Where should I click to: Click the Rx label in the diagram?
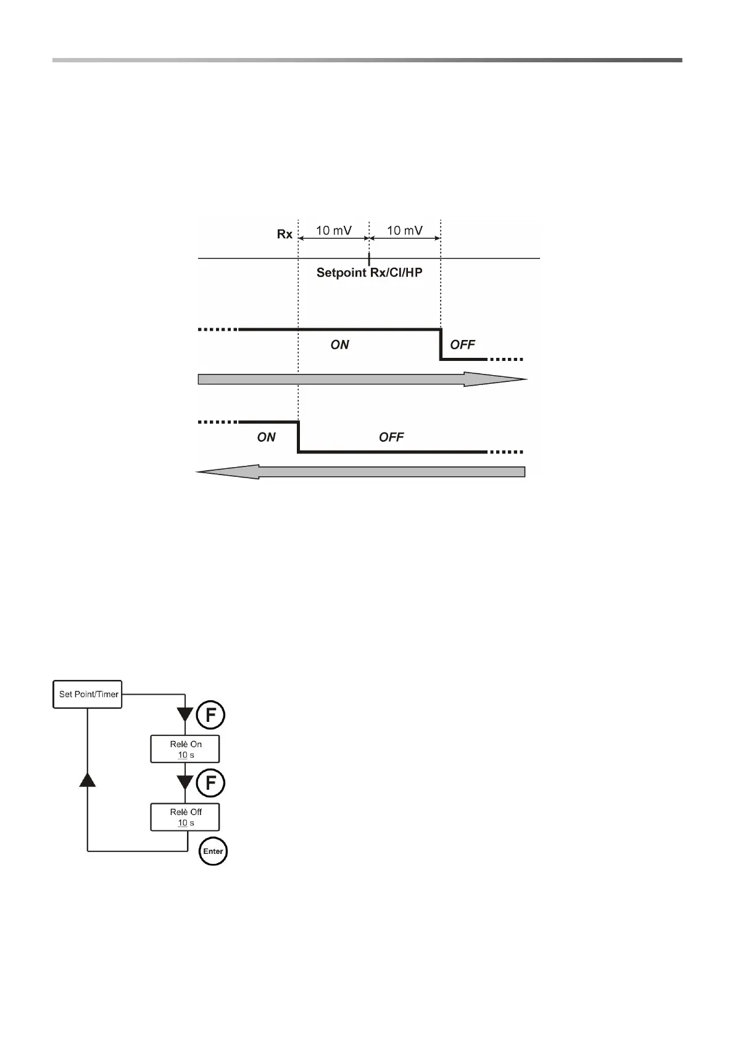click(x=284, y=234)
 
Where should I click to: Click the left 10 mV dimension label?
click(x=334, y=230)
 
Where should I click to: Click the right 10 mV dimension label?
click(x=405, y=230)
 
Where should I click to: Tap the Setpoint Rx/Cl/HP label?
click(x=369, y=272)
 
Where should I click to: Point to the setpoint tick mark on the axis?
click(x=369, y=258)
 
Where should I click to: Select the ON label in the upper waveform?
click(x=340, y=345)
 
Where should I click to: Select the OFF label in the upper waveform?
click(x=463, y=345)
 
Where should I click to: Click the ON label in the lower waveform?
click(x=267, y=437)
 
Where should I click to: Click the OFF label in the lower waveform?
click(x=391, y=437)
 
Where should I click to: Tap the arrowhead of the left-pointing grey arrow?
click(x=227, y=472)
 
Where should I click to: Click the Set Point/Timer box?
click(x=88, y=694)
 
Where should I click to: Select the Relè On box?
click(x=185, y=749)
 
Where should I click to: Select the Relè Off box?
click(x=185, y=817)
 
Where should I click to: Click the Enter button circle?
click(x=213, y=851)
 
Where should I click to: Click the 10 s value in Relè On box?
click(x=186, y=755)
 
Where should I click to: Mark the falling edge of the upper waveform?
click(x=441, y=344)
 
